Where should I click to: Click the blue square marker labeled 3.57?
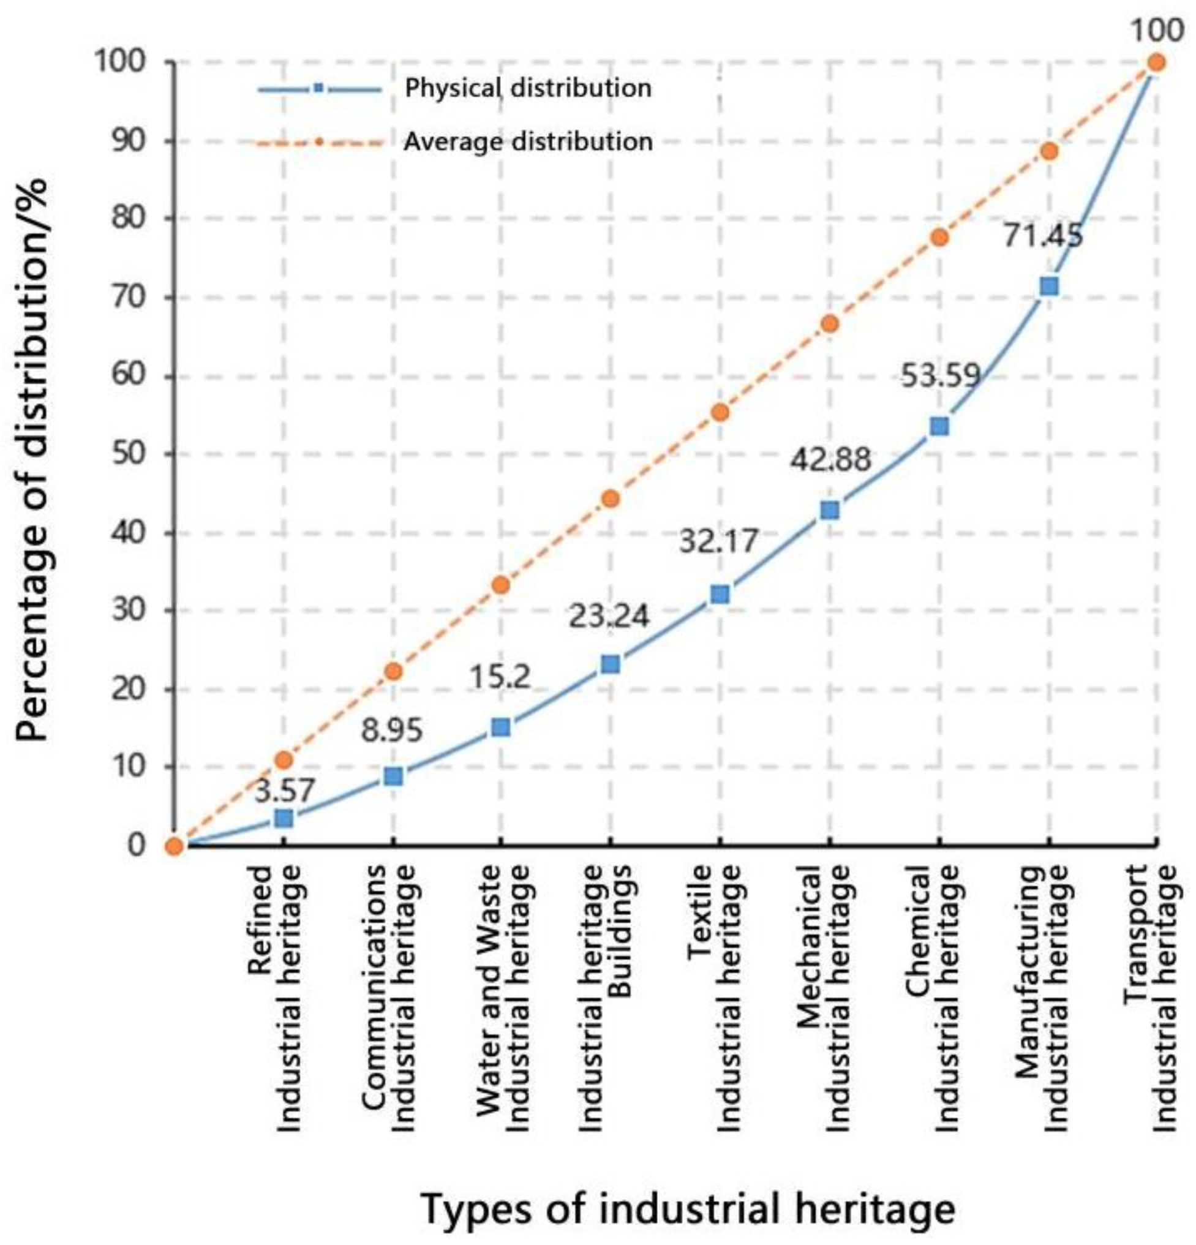(284, 818)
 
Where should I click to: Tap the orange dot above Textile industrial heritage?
(720, 412)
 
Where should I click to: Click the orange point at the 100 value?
(1156, 62)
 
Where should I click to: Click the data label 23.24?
(609, 615)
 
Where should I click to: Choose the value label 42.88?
(830, 459)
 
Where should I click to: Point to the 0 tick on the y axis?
(137, 845)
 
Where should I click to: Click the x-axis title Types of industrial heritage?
(688, 1209)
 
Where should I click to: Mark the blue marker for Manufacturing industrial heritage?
(1048, 286)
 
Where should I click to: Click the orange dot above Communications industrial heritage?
(393, 671)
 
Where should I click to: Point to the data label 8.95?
(391, 730)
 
